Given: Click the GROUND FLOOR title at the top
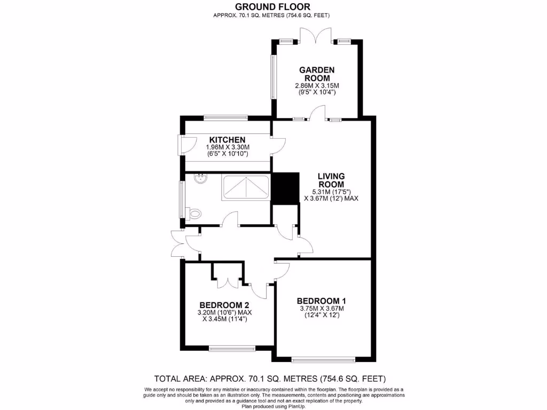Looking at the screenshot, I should click(x=273, y=6).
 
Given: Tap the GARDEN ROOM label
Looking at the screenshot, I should click(x=317, y=74).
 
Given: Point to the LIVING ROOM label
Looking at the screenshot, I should click(x=331, y=180).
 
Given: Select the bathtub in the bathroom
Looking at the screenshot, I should click(x=246, y=187).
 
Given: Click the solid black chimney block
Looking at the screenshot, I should click(x=285, y=188).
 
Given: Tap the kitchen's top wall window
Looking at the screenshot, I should click(x=225, y=117).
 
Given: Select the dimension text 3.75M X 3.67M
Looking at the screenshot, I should click(x=321, y=308).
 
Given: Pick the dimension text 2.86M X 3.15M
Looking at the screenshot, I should click(x=317, y=85).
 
